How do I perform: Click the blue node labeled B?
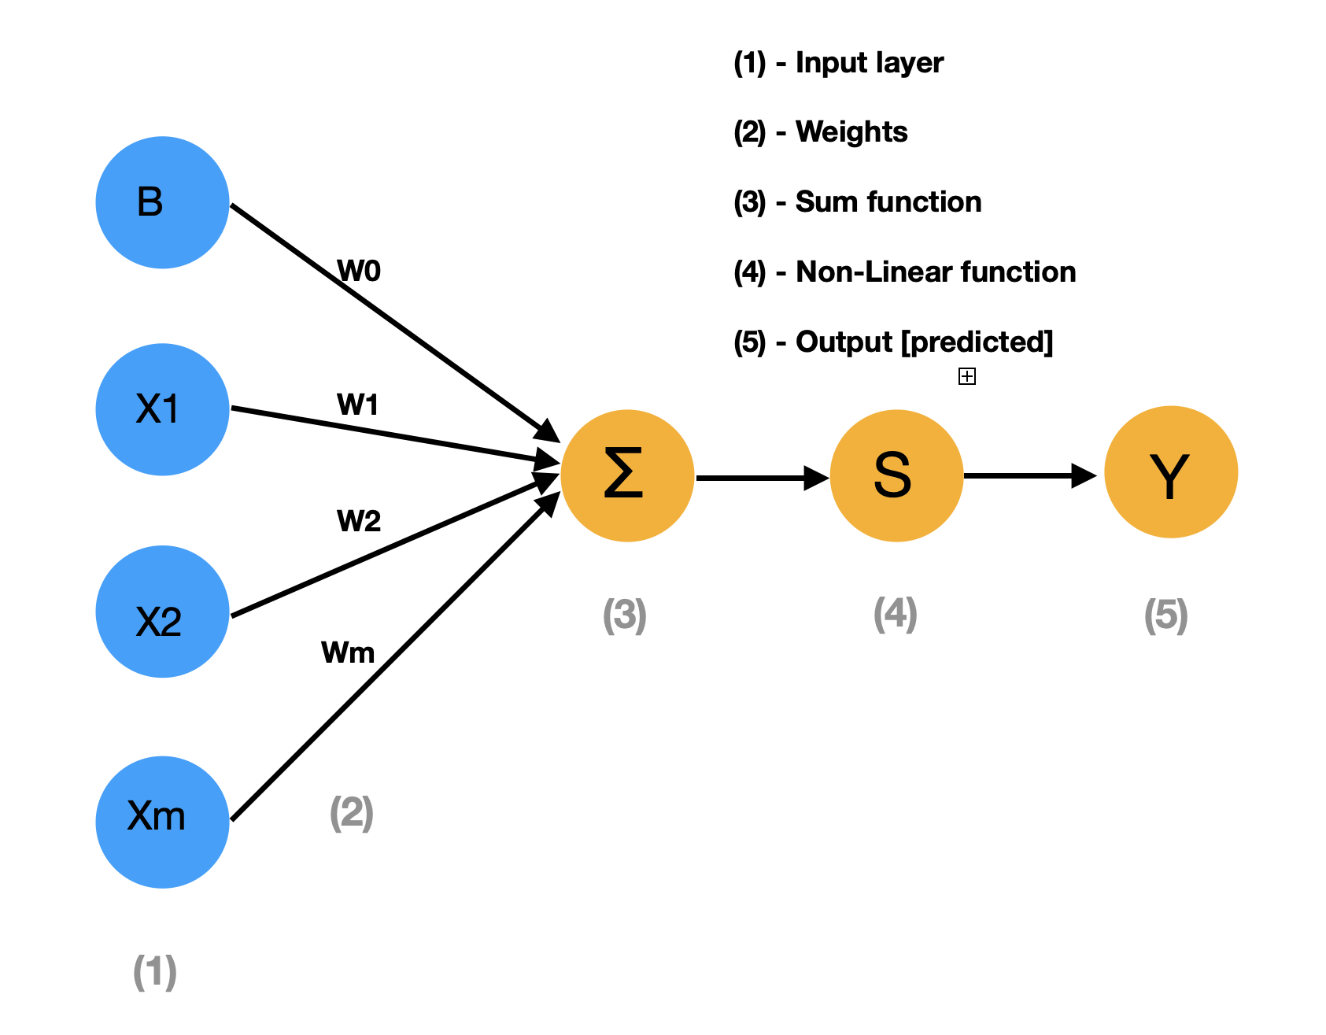coord(162,202)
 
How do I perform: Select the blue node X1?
coord(162,409)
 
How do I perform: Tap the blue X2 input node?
coord(162,612)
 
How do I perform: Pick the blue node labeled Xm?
coord(162,822)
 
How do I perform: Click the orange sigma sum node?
coord(627,475)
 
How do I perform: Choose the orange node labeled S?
coord(896,475)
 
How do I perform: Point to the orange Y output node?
coord(1171,472)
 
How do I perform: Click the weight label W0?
coord(359,271)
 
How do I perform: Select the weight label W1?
coord(358,405)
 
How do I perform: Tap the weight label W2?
coord(359,521)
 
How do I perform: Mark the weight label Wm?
coord(348,652)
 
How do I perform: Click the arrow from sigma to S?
coord(759,477)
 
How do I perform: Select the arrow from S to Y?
coord(1027,475)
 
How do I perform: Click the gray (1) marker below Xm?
coord(154,972)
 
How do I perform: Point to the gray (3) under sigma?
coord(624,615)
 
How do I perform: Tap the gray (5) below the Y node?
coord(1165,615)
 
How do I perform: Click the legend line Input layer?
coord(839,63)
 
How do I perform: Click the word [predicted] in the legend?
coord(977,342)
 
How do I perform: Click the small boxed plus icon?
coord(966,376)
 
